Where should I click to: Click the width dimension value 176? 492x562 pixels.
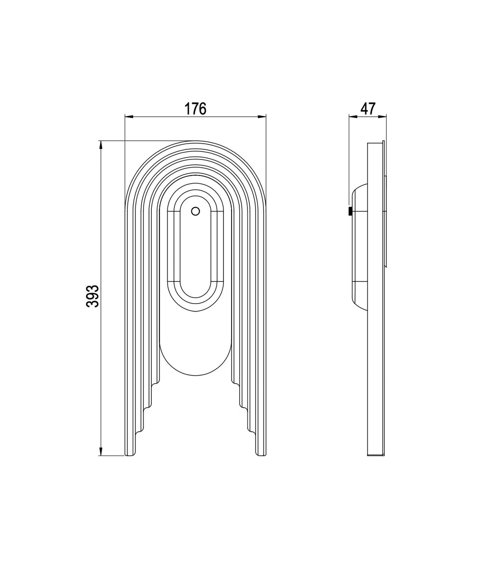196,109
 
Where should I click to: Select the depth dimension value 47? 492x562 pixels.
368,109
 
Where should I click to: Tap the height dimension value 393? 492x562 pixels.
93,296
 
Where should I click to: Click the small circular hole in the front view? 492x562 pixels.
195,211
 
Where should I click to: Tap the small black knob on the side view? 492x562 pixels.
350,211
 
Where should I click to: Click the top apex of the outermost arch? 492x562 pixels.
195,142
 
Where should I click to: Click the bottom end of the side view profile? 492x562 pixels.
376,454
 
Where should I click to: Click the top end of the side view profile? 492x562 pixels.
376,143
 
